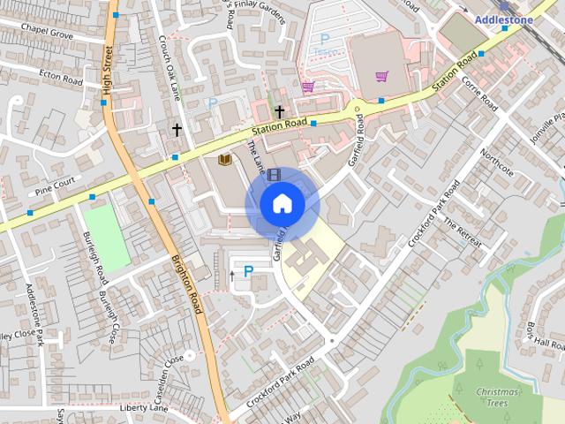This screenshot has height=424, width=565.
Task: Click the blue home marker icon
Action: (282, 204)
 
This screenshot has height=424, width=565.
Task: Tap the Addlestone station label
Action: (504, 19)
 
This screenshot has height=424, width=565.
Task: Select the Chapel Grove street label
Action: (49, 32)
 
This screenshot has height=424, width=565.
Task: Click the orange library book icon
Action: (224, 160)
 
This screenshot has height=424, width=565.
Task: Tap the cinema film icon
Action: (274, 175)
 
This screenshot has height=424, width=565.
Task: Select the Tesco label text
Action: (323, 53)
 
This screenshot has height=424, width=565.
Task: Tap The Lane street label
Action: (255, 155)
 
